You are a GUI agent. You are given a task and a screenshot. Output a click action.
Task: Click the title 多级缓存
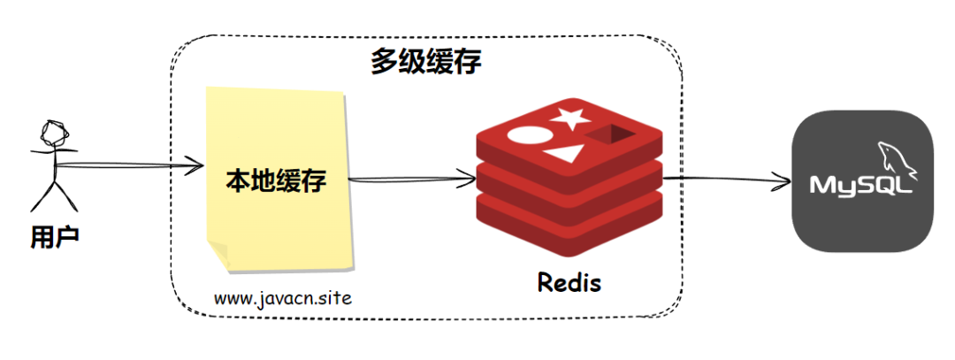426,63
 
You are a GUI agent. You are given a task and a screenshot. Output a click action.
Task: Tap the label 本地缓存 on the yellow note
276,183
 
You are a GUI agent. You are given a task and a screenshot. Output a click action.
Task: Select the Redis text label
569,283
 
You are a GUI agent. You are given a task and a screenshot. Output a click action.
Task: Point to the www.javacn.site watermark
283,298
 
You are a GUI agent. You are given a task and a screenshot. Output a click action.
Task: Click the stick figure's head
55,134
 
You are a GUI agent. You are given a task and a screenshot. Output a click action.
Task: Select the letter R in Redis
546,283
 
